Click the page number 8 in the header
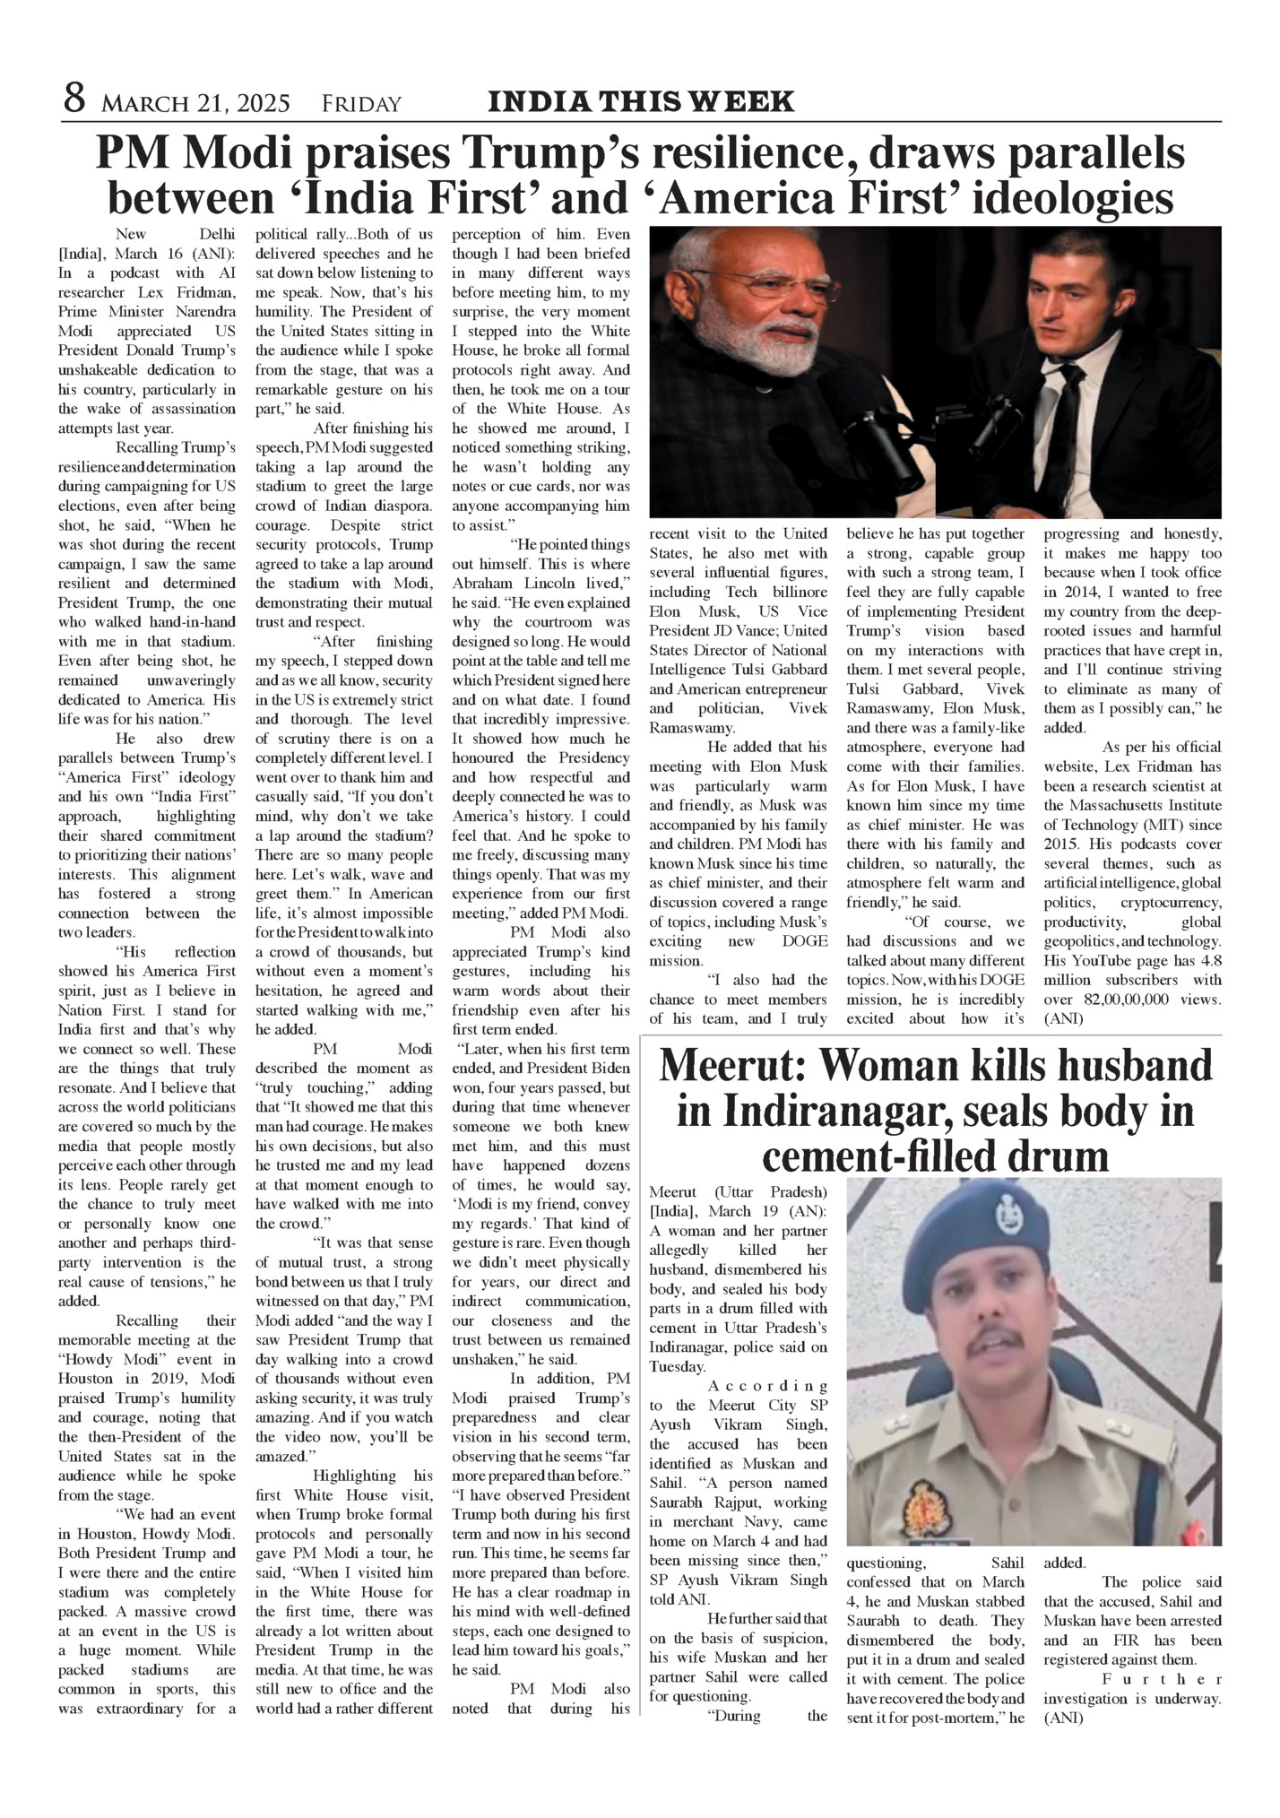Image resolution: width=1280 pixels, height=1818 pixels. (x=74, y=100)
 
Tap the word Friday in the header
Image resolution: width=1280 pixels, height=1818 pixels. (x=361, y=104)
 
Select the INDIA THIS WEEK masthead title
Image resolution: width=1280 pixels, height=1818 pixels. (x=640, y=101)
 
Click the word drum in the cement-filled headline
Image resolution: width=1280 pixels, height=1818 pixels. (x=1063, y=1156)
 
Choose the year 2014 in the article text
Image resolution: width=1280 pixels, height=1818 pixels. (x=1062, y=592)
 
